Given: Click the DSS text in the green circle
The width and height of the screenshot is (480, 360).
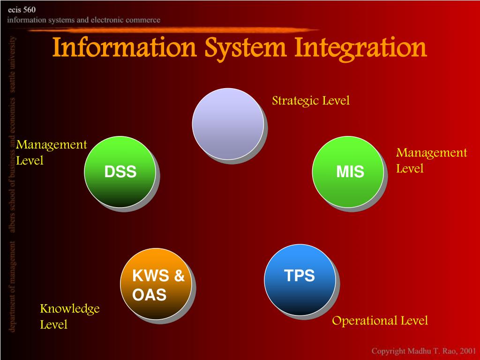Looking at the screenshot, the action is click(x=120, y=172).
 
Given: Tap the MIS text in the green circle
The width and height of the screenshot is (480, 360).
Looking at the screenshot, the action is click(x=350, y=172).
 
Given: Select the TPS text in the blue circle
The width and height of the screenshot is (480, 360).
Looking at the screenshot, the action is click(x=300, y=276).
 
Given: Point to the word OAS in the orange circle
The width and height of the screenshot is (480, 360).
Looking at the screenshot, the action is click(x=150, y=294).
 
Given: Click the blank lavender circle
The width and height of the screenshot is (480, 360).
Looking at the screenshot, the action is click(x=228, y=124).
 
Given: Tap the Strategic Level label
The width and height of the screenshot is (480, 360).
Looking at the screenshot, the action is click(x=311, y=101).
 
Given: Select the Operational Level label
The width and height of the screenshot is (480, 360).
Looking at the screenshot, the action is click(x=380, y=321).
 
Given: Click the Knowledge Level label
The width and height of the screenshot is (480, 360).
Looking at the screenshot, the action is click(x=70, y=316).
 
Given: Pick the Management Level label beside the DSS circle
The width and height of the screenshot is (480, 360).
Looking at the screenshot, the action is click(x=52, y=152).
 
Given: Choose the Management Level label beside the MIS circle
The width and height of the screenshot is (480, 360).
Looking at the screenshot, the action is click(x=432, y=160).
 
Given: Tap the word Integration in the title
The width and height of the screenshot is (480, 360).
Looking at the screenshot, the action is click(x=361, y=48).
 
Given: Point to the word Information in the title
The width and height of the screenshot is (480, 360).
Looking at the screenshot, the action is click(x=124, y=47).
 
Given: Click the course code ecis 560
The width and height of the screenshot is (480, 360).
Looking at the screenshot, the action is click(x=22, y=10).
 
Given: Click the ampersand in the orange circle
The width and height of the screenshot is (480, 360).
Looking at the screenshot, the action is click(x=180, y=276).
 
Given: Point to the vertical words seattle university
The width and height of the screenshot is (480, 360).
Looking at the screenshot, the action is click(x=12, y=64).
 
